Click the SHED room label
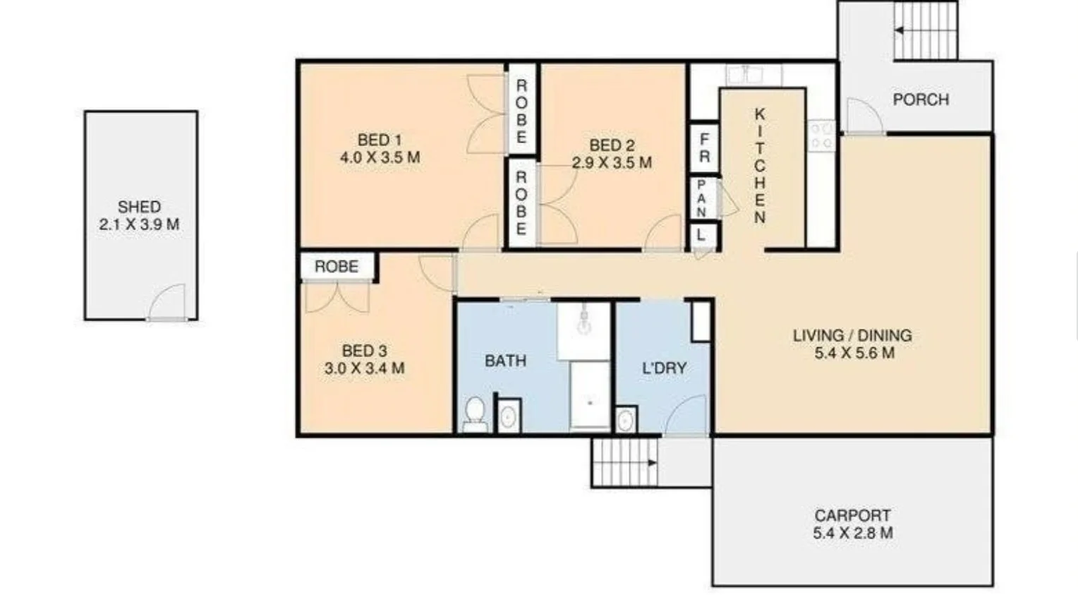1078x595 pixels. click(x=139, y=207)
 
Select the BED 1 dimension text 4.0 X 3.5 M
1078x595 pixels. click(x=380, y=157)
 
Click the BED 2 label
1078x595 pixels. click(x=612, y=145)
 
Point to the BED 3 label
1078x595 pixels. click(x=364, y=351)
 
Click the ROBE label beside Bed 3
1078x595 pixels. click(x=337, y=267)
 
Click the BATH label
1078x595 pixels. click(x=505, y=361)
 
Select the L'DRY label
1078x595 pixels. click(x=664, y=368)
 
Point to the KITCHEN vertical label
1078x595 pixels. click(x=760, y=166)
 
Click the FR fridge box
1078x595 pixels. click(x=704, y=148)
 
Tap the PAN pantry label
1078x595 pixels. click(x=701, y=198)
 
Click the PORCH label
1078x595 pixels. click(x=921, y=100)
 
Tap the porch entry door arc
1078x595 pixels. click(x=863, y=115)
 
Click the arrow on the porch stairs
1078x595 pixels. click(x=901, y=30)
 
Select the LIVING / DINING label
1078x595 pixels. click(x=852, y=335)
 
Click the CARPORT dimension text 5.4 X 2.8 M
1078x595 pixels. click(x=852, y=534)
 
